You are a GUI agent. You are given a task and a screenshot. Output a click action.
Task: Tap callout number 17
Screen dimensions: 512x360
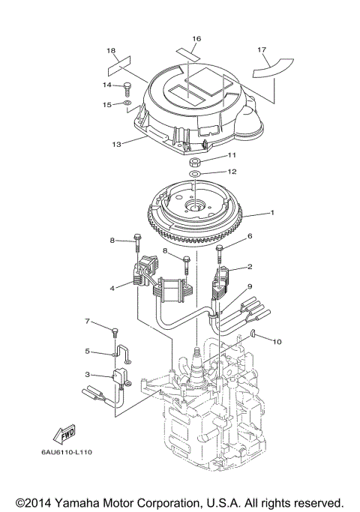pyautogui.click(x=262, y=50)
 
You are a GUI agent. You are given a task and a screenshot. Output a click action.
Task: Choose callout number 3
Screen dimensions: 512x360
pyautogui.click(x=88, y=374)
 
